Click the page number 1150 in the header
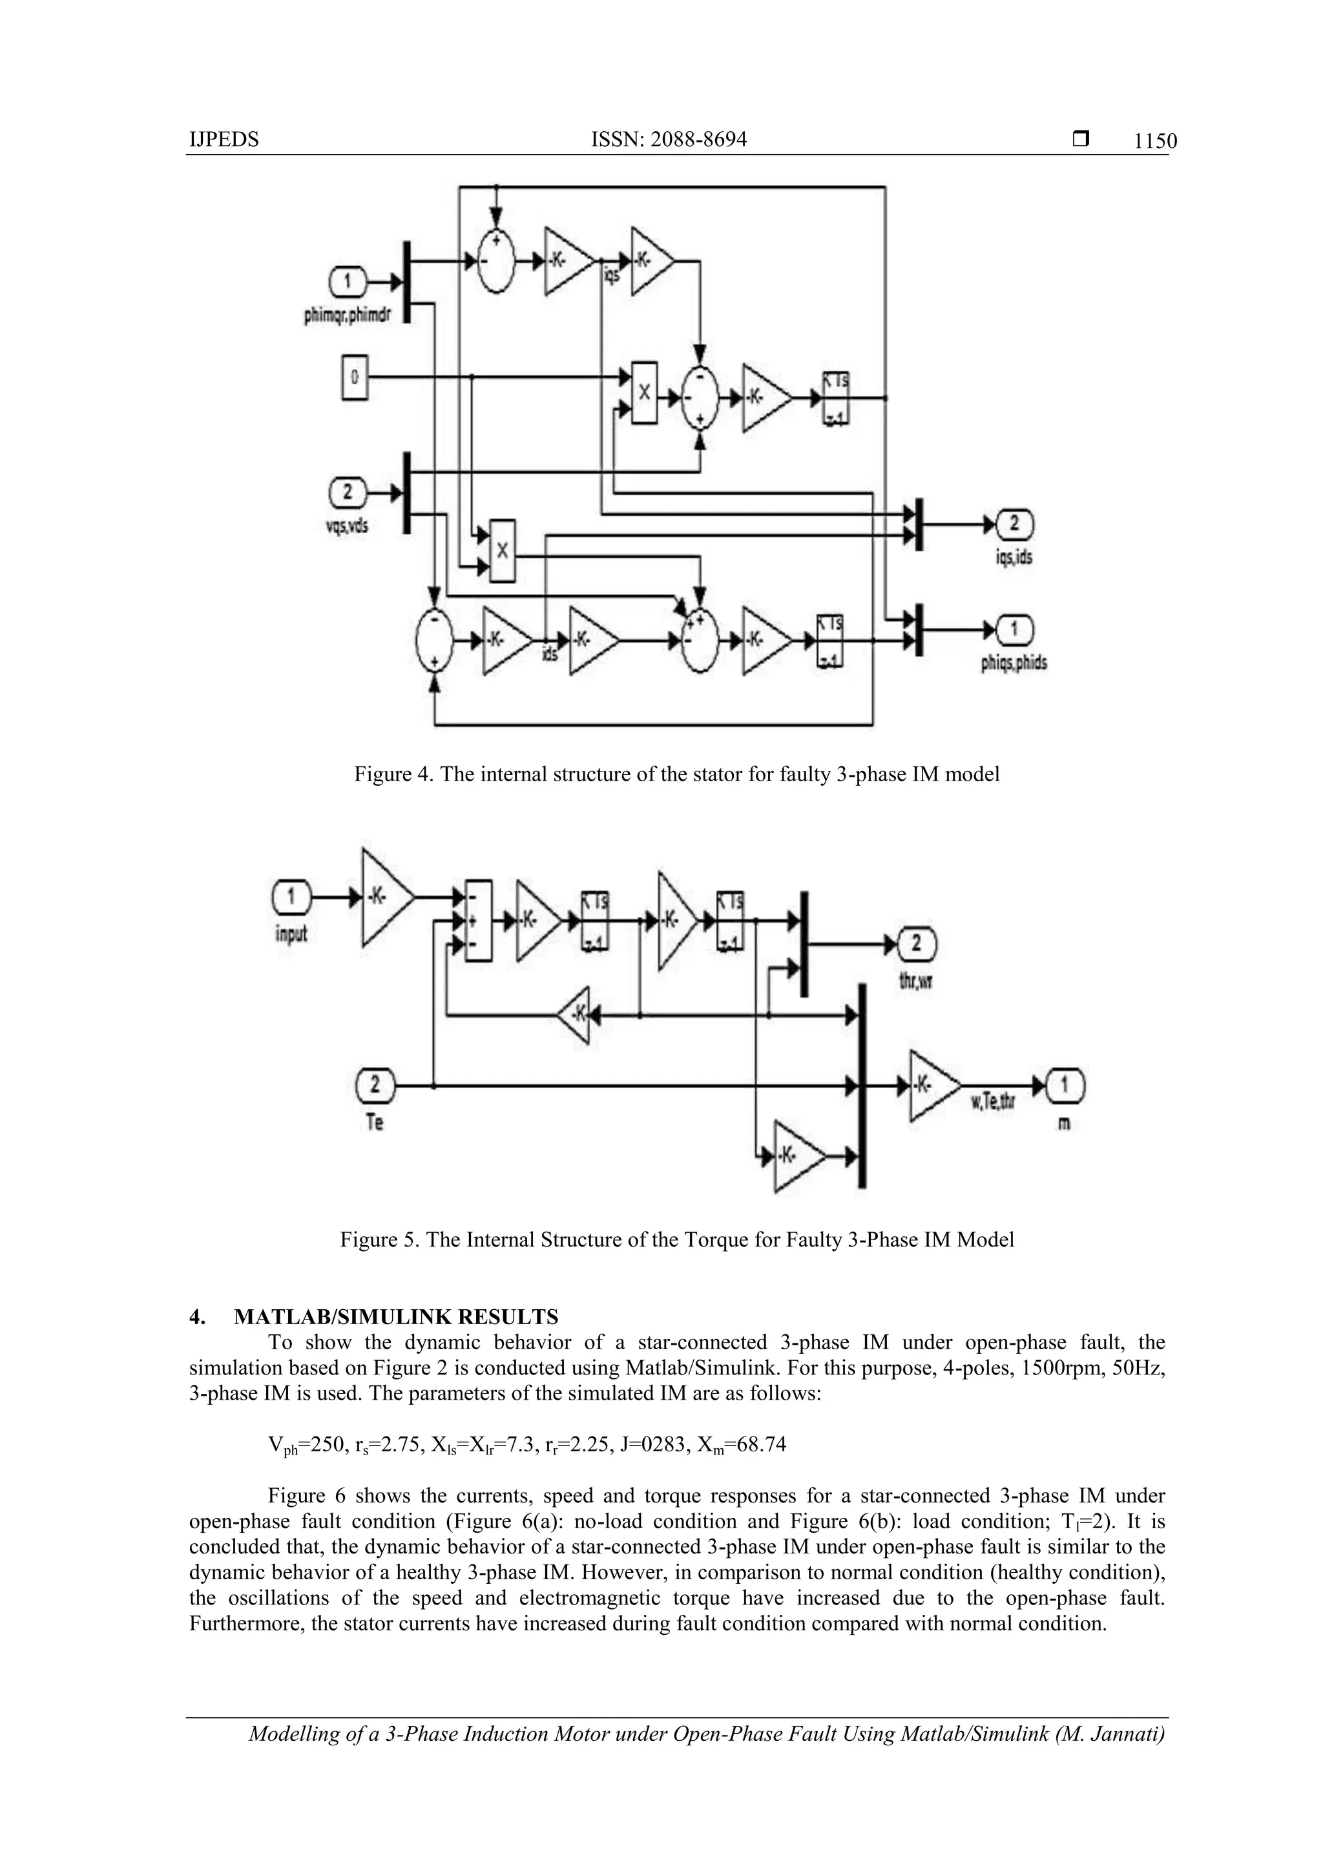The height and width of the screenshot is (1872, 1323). (1155, 142)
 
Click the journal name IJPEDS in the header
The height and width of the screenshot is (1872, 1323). (224, 140)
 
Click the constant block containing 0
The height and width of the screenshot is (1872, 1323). (355, 377)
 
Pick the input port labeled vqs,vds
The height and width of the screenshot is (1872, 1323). (348, 492)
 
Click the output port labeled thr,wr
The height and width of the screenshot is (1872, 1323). (915, 944)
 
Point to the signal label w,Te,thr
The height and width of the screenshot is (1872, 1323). (990, 1107)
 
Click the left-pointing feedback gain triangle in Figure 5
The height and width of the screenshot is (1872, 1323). (576, 1015)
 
